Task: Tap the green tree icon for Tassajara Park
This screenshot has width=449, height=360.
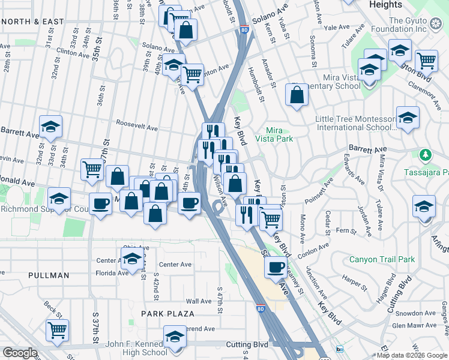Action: [426, 155]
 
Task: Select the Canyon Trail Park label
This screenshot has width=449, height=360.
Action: [382, 260]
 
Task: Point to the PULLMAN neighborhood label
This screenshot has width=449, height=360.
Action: [49, 275]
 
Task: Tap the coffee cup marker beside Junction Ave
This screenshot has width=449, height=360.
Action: [276, 267]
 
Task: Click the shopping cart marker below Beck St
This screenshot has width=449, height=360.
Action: [57, 329]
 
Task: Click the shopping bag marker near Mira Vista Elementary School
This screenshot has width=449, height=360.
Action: [297, 95]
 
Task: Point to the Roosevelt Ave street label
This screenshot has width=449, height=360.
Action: [137, 128]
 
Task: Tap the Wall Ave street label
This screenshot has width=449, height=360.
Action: [197, 301]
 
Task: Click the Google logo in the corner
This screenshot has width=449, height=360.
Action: [20, 353]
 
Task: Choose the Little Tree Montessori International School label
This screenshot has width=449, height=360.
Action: [355, 123]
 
